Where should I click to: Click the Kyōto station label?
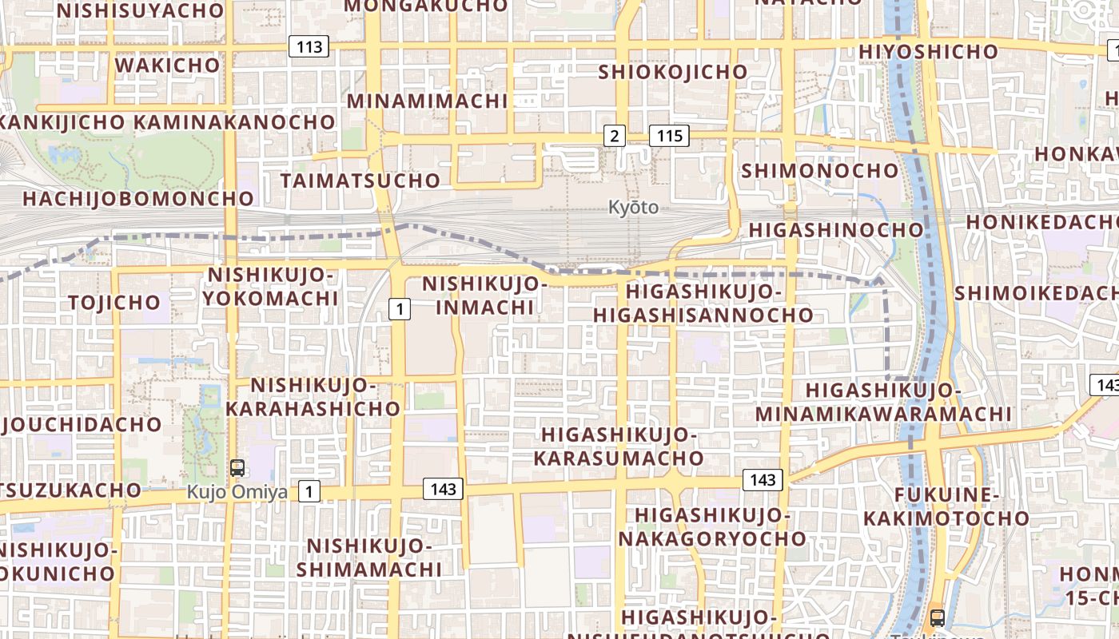coord(634,208)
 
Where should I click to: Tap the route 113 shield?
coord(309,46)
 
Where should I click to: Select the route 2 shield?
coord(614,136)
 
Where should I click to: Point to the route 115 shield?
coord(669,136)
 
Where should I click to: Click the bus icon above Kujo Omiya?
coord(237,468)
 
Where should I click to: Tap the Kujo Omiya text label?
coord(237,491)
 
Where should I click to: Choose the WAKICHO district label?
coord(167,65)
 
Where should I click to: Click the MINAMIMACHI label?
coord(428,101)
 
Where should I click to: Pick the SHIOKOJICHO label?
coord(673,71)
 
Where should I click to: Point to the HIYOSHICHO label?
coord(928,51)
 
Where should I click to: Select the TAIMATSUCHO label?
coord(360,181)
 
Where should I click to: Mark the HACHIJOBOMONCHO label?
coord(138,198)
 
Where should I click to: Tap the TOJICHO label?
coord(114,303)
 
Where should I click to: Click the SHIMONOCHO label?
coord(820,171)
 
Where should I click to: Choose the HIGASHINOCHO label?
coord(836,230)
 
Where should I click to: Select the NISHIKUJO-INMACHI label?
coord(484,295)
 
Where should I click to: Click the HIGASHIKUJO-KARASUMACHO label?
coord(619,447)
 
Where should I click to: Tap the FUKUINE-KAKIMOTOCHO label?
coord(946,506)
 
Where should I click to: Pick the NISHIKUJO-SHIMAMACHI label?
coord(369,558)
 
